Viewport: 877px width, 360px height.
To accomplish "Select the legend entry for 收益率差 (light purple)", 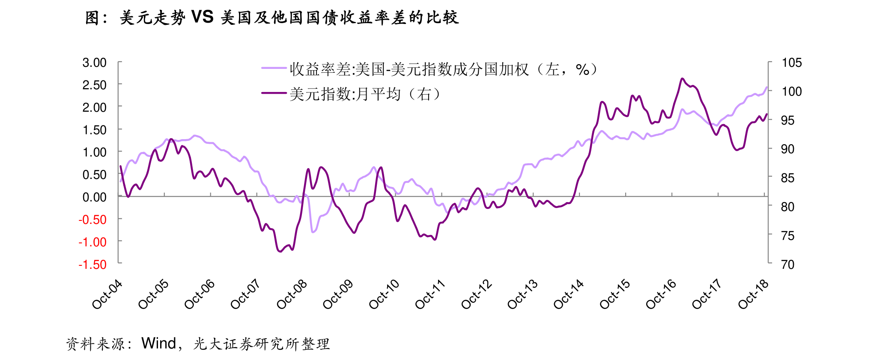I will click(x=428, y=69).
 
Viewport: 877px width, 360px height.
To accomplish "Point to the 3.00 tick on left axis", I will click(x=94, y=62).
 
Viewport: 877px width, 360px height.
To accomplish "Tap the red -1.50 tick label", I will click(x=92, y=265).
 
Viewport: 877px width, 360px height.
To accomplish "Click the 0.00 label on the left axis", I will click(x=94, y=197).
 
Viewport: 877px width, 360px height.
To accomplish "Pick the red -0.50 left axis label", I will click(x=92, y=220).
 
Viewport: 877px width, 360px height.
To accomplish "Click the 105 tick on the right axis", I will click(x=791, y=62).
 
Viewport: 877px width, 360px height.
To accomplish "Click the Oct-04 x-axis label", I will click(x=107, y=295).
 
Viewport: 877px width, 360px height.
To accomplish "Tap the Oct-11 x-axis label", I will click(x=430, y=295).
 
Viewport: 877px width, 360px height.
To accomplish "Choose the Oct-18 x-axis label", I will click(x=753, y=295).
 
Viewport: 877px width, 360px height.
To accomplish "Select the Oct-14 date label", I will click(x=568, y=295).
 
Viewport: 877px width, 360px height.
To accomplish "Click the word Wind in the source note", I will click(x=158, y=343).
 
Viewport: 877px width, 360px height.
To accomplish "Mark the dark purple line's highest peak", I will click(x=682, y=78).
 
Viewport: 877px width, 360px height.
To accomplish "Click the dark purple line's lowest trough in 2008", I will click(x=280, y=252).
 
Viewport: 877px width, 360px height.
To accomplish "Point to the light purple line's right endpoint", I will click(x=767, y=87).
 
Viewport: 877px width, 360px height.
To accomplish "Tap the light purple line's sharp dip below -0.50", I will click(x=313, y=232).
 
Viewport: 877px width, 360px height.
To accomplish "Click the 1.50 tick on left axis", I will click(x=94, y=130).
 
